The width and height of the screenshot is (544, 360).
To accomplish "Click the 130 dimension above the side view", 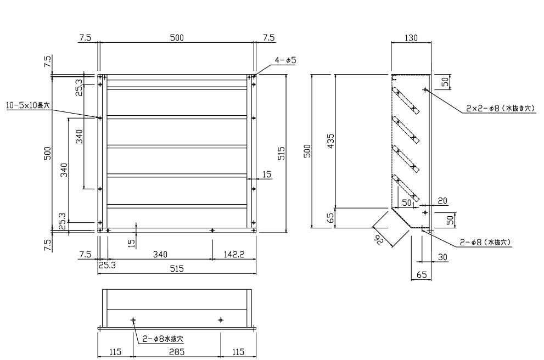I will click(x=411, y=38).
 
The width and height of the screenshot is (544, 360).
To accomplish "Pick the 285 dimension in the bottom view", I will click(x=176, y=351).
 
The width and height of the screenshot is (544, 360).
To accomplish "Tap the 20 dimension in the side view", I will click(x=442, y=201).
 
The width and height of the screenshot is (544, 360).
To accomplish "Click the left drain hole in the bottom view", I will click(x=133, y=319).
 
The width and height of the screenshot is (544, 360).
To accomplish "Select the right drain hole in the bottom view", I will click(x=221, y=319).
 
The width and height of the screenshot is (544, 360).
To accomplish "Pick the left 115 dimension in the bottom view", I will click(x=115, y=351).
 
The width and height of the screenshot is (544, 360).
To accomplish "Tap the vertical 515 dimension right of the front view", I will click(x=281, y=152).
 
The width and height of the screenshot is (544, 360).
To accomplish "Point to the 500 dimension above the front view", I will click(x=176, y=37).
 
